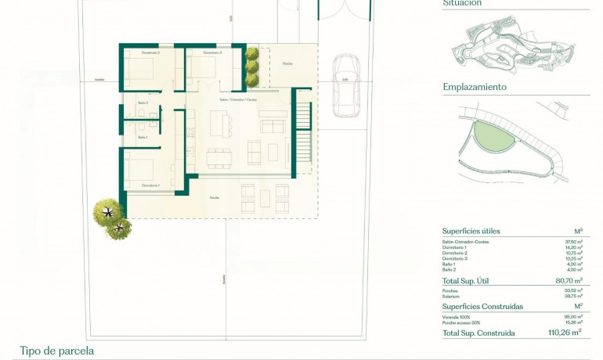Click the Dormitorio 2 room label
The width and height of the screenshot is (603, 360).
click(x=151, y=52)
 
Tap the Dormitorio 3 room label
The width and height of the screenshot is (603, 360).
click(x=212, y=52)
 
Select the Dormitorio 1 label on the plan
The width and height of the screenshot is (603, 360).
click(x=151, y=185)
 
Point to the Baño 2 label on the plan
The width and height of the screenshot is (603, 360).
click(x=143, y=103)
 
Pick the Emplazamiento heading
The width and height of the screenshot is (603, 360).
click(x=475, y=87)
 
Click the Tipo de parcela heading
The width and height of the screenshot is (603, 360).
click(x=57, y=351)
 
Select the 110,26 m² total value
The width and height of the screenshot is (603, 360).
click(x=565, y=333)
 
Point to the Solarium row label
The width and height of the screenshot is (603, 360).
click(x=452, y=295)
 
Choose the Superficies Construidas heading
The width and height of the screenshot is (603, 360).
click(x=482, y=307)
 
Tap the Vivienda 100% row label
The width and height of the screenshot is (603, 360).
click(x=457, y=316)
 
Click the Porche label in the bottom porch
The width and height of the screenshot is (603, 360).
click(x=214, y=197)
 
